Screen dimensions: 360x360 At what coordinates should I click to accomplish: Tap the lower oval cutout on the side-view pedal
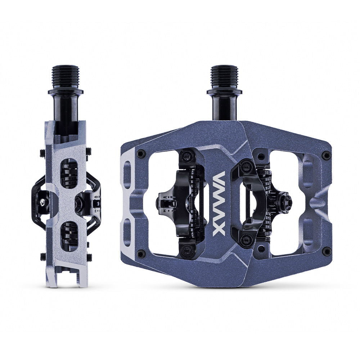[70, 236]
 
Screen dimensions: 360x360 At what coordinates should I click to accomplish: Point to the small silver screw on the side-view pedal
[44, 203]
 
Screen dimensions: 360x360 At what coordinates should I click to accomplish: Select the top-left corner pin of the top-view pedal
[140, 153]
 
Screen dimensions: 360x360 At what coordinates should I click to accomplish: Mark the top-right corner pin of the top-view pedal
[326, 155]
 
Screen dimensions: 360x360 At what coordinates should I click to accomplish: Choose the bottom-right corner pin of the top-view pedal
[326, 251]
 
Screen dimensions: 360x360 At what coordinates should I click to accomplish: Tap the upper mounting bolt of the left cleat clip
[188, 156]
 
